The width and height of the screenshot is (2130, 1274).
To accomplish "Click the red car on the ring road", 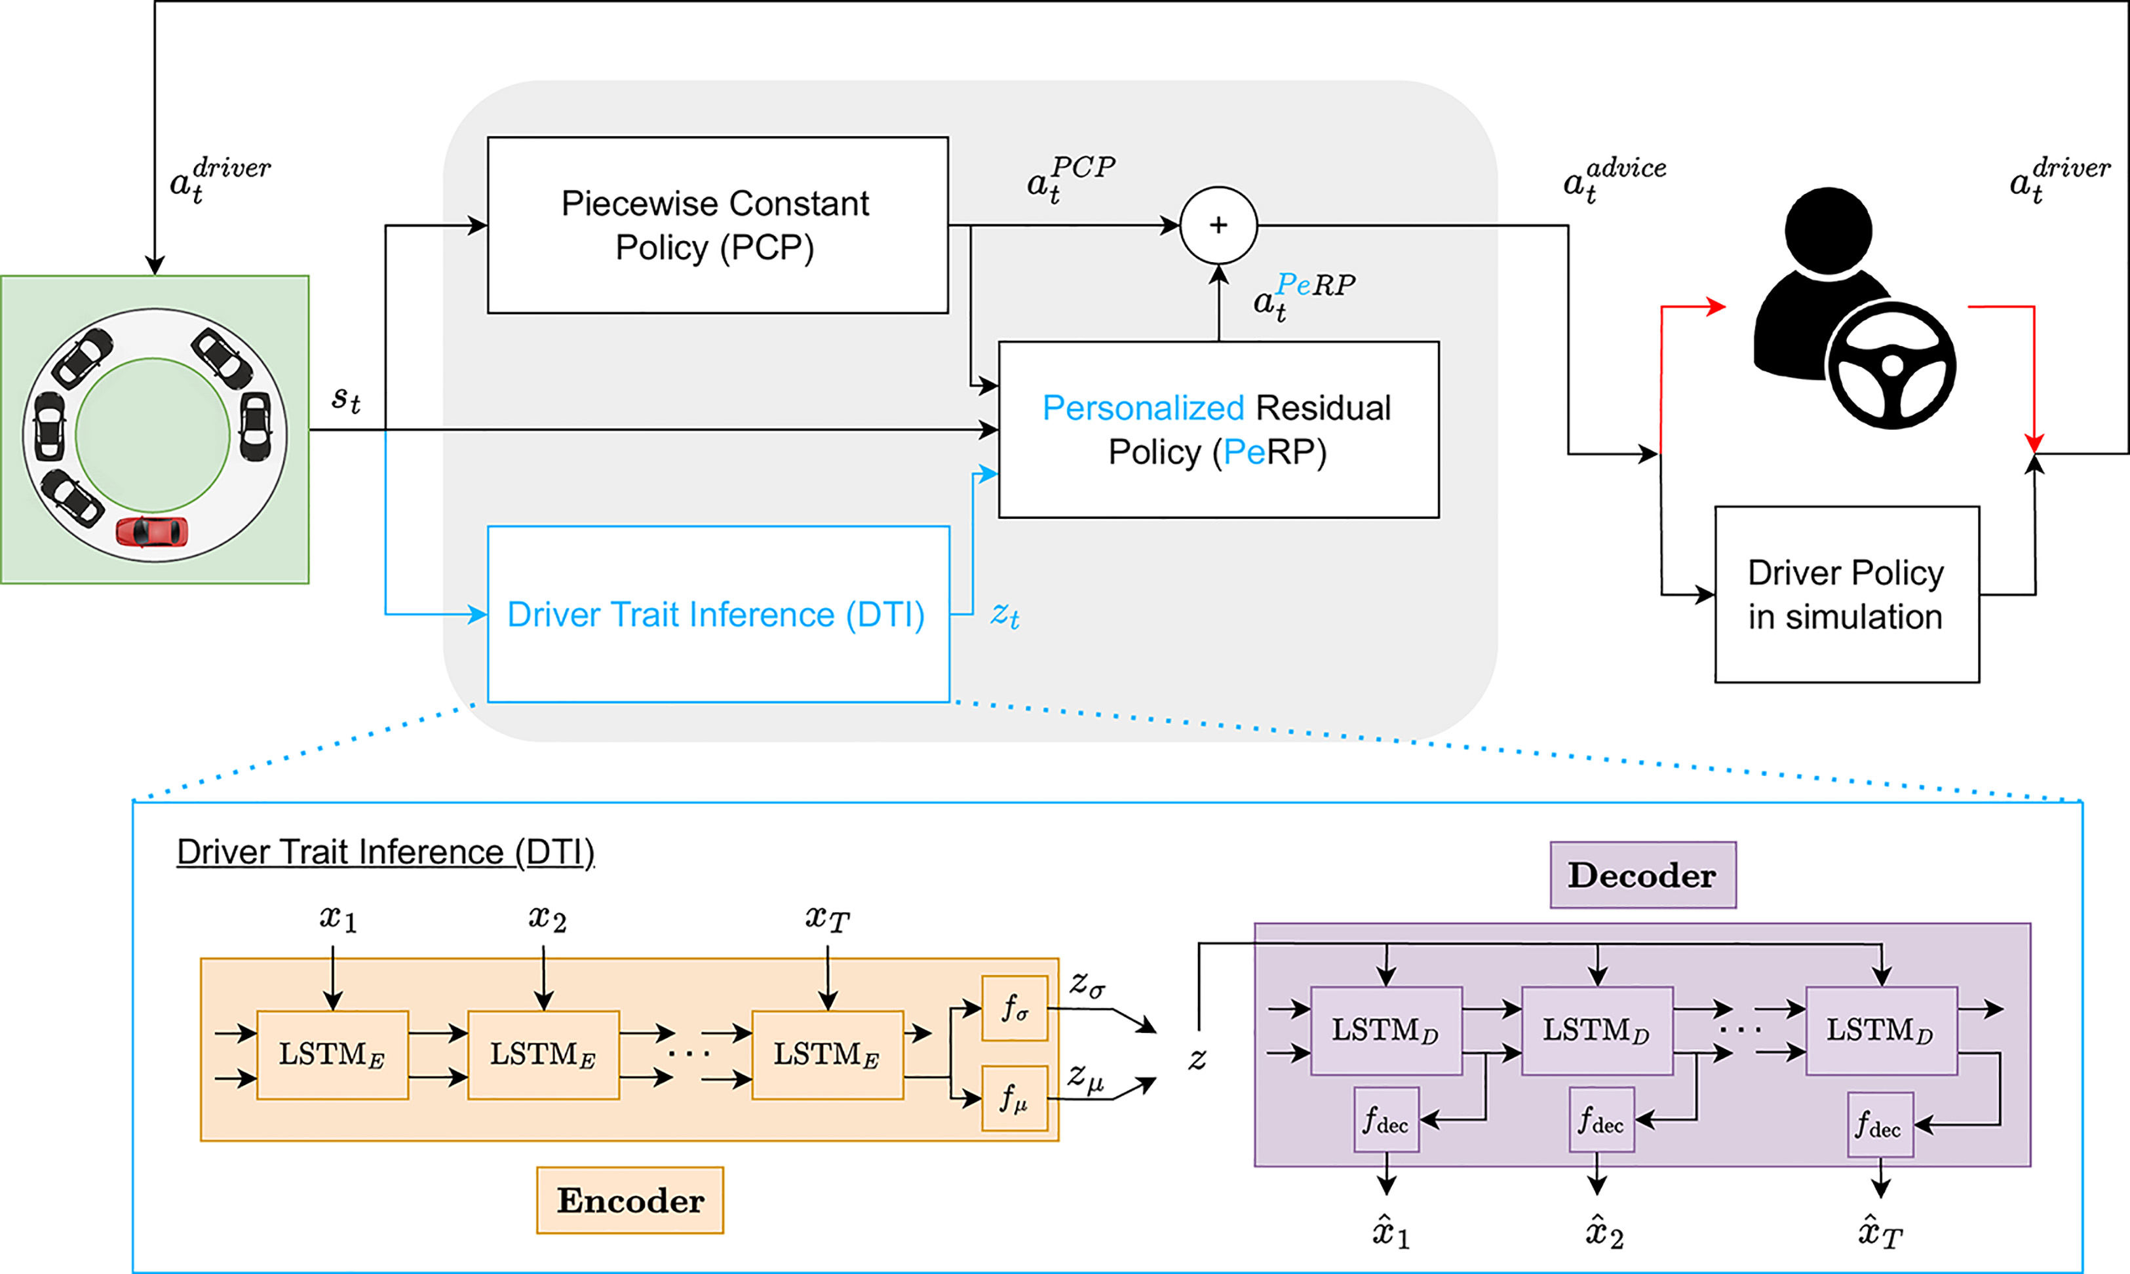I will pos(152,531).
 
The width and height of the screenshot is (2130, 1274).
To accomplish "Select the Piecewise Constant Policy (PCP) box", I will pos(717,225).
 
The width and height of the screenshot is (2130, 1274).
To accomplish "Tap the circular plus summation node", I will pos(1218,225).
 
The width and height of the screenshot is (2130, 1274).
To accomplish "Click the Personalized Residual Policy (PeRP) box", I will pos(1218,429).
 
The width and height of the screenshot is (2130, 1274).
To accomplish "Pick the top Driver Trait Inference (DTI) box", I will pos(718,614).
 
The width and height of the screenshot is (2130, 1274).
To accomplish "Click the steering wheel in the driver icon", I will pos(1892,366).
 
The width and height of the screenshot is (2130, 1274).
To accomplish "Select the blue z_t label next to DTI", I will pos(1005,615).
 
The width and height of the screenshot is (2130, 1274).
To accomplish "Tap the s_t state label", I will pos(346,398).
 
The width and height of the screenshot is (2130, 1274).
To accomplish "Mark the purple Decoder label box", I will pos(1642,875).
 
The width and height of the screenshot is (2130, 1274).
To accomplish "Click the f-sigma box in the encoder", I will pos(1015,1008).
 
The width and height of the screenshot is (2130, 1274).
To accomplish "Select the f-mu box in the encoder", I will pos(1015,1098).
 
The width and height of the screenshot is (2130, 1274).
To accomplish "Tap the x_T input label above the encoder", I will pos(826,919).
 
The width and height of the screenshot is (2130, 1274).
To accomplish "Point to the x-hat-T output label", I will pos(1880,1233).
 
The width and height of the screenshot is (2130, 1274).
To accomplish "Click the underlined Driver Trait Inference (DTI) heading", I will pos(385,851).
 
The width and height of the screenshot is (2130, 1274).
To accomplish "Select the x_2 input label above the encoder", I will pos(547,919).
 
